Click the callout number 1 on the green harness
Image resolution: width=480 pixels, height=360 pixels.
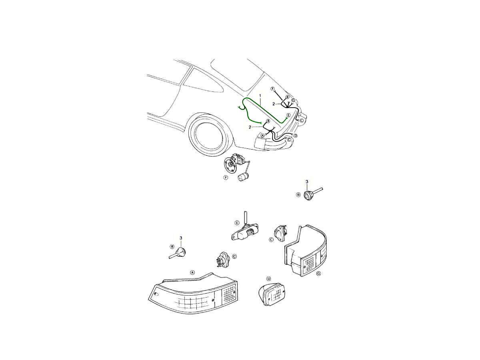pyautogui.click(x=260, y=96)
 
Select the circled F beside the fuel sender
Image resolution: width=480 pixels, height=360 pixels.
pyautogui.click(x=226, y=178)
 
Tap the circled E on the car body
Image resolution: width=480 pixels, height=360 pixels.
pyautogui.click(x=288, y=115)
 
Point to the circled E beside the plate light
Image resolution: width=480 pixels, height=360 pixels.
pyautogui.click(x=237, y=223)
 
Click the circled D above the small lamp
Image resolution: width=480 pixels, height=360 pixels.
pyautogui.click(x=268, y=279)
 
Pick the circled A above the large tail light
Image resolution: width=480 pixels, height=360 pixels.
pyautogui.click(x=192, y=272)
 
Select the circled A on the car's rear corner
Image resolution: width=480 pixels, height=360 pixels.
pyautogui.click(x=263, y=135)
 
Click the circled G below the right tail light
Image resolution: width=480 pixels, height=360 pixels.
pyautogui.click(x=319, y=274)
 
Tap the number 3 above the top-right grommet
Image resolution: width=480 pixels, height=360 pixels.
pyautogui.click(x=307, y=182)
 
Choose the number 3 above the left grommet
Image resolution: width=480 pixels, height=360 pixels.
pyautogui.click(x=181, y=238)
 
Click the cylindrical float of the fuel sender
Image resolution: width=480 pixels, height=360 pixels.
pyautogui.click(x=243, y=177)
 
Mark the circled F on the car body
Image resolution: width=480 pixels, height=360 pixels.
pyautogui.click(x=272, y=89)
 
